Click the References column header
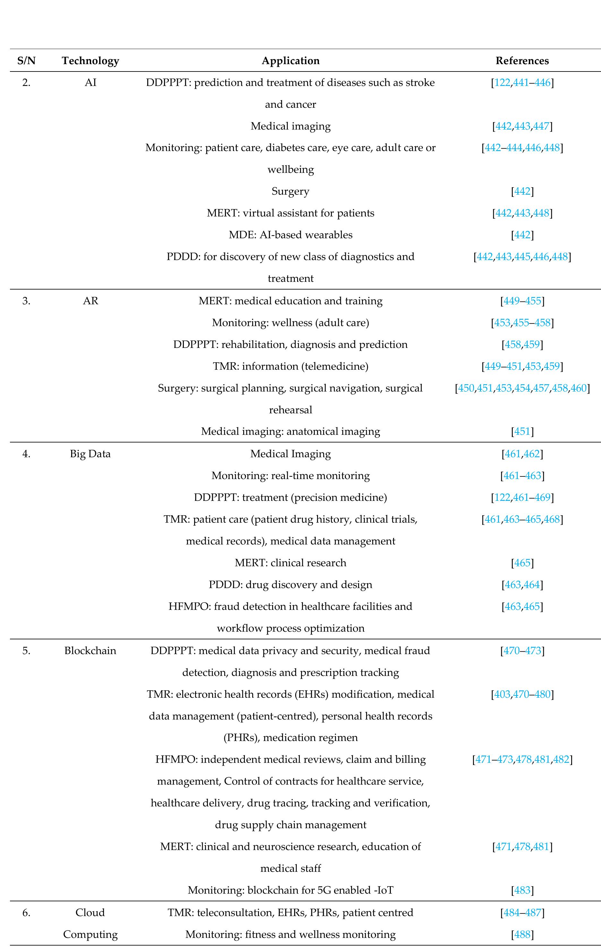(x=522, y=61)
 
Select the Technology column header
(x=90, y=61)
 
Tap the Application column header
(x=290, y=61)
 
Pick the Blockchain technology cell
(x=90, y=651)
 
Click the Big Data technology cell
(x=90, y=454)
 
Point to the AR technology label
(x=90, y=301)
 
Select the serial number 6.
(x=26, y=913)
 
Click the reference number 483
(x=522, y=890)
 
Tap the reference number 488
(x=522, y=934)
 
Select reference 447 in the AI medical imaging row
(x=541, y=126)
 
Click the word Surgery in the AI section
(x=290, y=191)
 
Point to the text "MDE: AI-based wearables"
(x=290, y=235)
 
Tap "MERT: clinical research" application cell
(x=290, y=563)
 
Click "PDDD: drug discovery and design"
(x=290, y=585)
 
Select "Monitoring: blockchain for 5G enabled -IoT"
(x=290, y=890)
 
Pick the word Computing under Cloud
(x=90, y=934)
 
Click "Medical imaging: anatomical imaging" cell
(x=290, y=431)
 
